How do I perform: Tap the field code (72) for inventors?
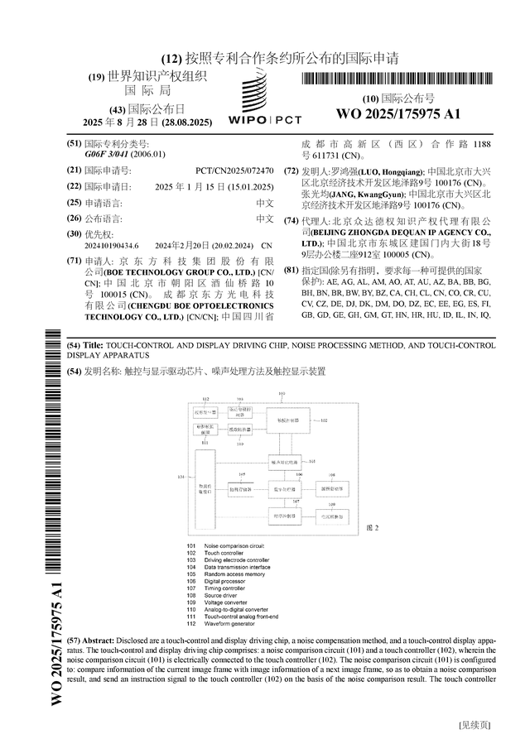pyautogui.click(x=291, y=170)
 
